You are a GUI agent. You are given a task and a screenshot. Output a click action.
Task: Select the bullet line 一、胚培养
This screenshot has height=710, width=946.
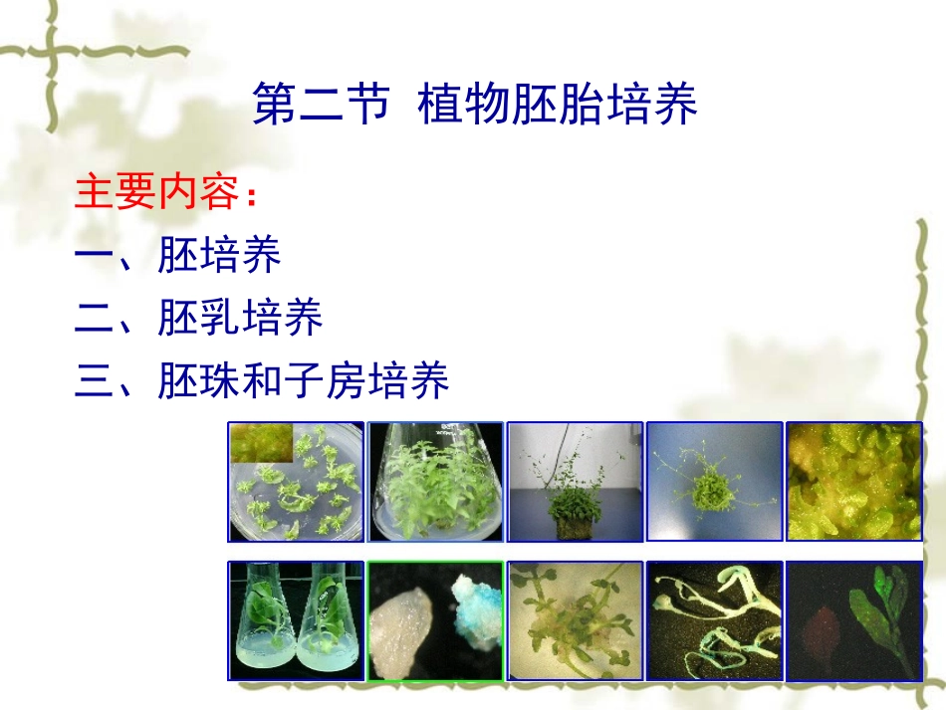(x=177, y=256)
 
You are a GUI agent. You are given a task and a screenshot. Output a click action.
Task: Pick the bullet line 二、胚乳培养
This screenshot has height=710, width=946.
(x=198, y=319)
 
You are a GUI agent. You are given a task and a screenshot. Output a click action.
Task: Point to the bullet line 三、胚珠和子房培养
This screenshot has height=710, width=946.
(x=262, y=381)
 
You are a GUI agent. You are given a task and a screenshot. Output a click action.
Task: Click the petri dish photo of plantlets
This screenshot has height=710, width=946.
(x=296, y=482)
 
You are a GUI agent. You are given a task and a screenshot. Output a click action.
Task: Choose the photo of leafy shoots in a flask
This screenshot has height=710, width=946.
(x=435, y=482)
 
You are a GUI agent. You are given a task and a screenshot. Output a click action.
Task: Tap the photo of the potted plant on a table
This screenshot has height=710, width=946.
(x=575, y=482)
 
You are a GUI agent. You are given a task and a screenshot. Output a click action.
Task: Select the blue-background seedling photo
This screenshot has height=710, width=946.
(x=714, y=482)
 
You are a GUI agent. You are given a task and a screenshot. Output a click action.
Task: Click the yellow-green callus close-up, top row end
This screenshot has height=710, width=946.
(x=853, y=482)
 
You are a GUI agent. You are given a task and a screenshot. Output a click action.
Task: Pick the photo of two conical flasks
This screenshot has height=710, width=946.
(x=296, y=621)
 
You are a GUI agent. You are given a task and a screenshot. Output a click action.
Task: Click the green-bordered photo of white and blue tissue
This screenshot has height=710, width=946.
(x=435, y=621)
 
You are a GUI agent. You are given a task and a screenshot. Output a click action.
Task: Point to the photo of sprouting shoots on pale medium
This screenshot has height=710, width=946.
(x=575, y=621)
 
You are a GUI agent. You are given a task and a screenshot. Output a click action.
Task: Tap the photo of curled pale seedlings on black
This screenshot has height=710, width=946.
(x=714, y=621)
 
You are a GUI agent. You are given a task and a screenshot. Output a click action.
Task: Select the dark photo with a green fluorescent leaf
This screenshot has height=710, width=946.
(x=853, y=621)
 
